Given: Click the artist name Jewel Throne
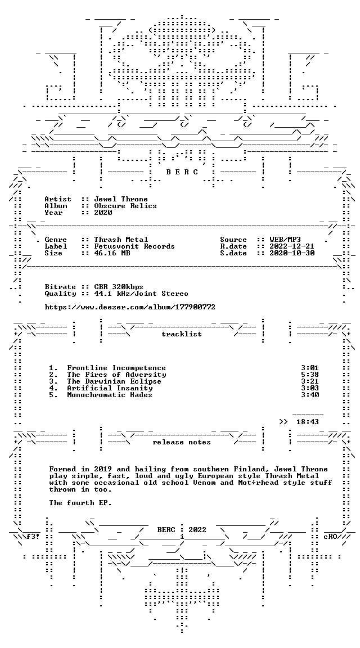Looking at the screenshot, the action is click(121, 199).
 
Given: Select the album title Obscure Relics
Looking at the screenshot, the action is click(125, 206).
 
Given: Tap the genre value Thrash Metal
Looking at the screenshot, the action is click(121, 240).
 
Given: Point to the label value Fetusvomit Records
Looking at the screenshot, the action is click(134, 246).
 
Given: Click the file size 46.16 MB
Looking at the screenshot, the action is click(112, 253).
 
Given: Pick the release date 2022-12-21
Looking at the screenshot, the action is click(292, 246).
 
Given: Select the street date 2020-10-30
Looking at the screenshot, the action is click(292, 253).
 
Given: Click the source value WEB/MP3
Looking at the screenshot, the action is click(285, 240).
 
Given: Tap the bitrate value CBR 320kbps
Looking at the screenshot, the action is click(119, 287).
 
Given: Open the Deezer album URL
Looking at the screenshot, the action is click(130, 307).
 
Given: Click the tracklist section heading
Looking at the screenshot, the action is click(182, 334).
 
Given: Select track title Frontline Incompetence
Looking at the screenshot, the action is click(116, 368).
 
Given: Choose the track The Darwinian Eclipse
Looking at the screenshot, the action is click(114, 381).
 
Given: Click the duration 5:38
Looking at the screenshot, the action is click(310, 375).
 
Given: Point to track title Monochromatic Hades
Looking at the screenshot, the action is click(110, 395).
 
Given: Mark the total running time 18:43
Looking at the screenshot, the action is click(308, 422).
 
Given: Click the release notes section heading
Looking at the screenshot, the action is click(182, 442).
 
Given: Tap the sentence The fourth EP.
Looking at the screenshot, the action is click(80, 503).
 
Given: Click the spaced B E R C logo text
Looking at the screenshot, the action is click(182, 172).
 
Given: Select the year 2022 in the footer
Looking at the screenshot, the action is click(197, 530).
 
